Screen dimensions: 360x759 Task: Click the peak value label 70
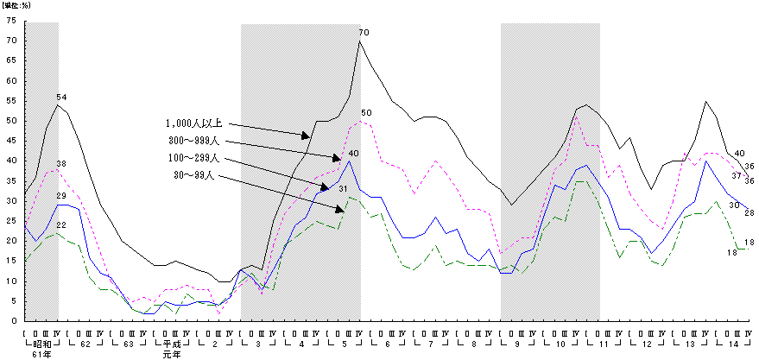tap(364, 33)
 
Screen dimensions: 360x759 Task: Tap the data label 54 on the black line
tap(61, 97)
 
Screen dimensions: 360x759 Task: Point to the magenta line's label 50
tap(366, 113)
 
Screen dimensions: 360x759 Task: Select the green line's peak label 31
tap(343, 189)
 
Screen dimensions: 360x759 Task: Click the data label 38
tap(61, 164)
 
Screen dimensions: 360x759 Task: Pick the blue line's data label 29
tap(61, 197)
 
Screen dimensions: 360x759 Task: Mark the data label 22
tap(61, 225)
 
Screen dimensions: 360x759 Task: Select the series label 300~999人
tap(195, 141)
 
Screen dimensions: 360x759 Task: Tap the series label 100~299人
tap(195, 159)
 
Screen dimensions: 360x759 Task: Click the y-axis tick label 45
tap(10, 141)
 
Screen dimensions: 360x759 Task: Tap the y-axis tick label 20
tap(10, 241)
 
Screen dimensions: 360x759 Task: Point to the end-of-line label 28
tap(749, 212)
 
